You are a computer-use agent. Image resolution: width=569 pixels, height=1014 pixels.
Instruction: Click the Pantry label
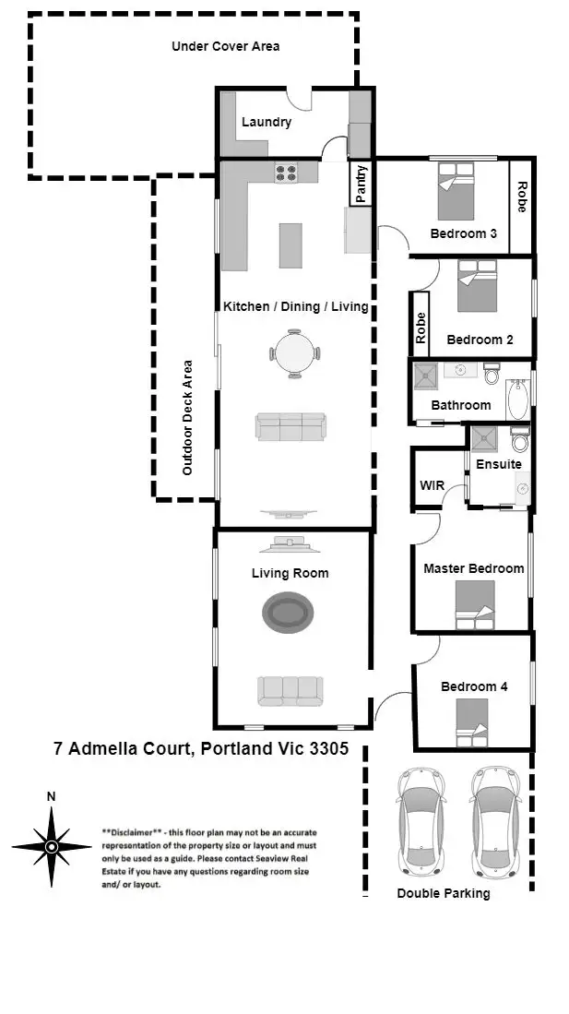tap(362, 183)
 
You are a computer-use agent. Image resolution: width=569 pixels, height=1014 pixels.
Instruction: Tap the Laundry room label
tap(267, 122)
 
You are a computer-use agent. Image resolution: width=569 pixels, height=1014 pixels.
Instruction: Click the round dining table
tap(293, 352)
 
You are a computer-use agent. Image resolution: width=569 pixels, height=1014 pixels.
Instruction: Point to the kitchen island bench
tap(291, 245)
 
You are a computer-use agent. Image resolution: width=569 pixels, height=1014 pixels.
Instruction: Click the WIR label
tap(433, 485)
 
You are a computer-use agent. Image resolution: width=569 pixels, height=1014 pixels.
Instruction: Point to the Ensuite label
tap(499, 464)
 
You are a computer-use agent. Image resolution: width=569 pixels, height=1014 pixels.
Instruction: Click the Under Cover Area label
tap(226, 46)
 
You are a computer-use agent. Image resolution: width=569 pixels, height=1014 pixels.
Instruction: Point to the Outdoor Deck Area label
tap(187, 417)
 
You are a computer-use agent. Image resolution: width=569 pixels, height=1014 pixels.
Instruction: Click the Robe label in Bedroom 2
tap(421, 328)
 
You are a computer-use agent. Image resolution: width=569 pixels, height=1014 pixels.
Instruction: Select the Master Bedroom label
tap(473, 568)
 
